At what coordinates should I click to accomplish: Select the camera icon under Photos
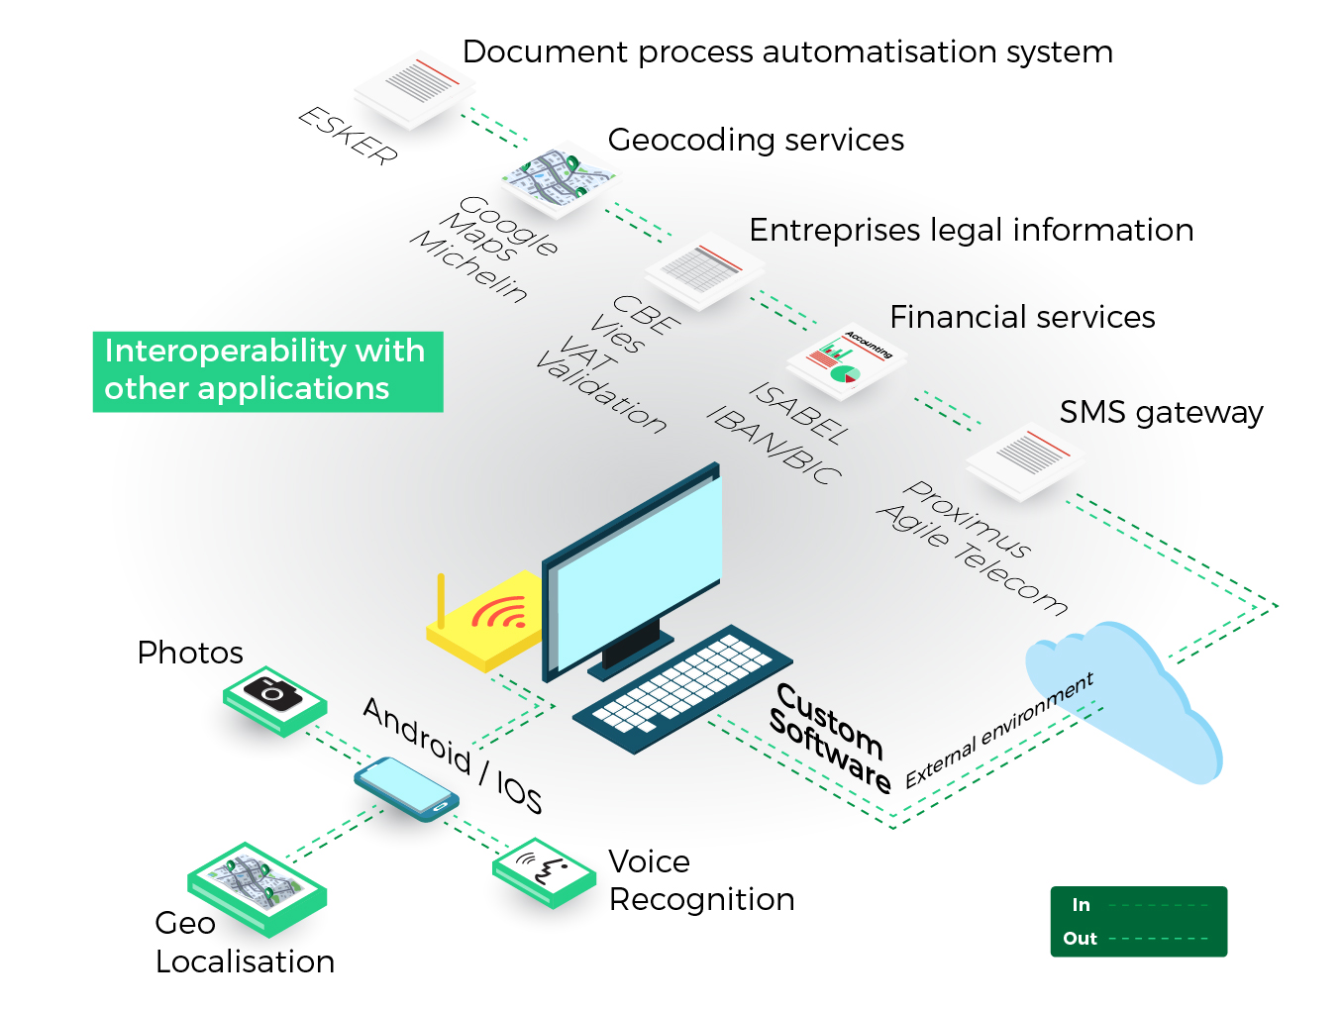(273, 693)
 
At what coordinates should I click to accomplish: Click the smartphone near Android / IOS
(406, 788)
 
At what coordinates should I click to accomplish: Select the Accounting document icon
(847, 361)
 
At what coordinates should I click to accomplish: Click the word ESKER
(349, 136)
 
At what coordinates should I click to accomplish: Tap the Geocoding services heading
(756, 140)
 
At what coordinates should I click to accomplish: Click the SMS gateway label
(1161, 412)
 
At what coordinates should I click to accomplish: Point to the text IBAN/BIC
(775, 445)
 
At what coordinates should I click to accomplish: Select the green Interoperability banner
(267, 370)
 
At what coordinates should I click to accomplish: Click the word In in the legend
(1081, 905)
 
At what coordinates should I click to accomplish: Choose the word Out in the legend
(1080, 939)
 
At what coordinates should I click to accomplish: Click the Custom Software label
(830, 738)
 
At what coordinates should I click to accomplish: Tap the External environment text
(1000, 730)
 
